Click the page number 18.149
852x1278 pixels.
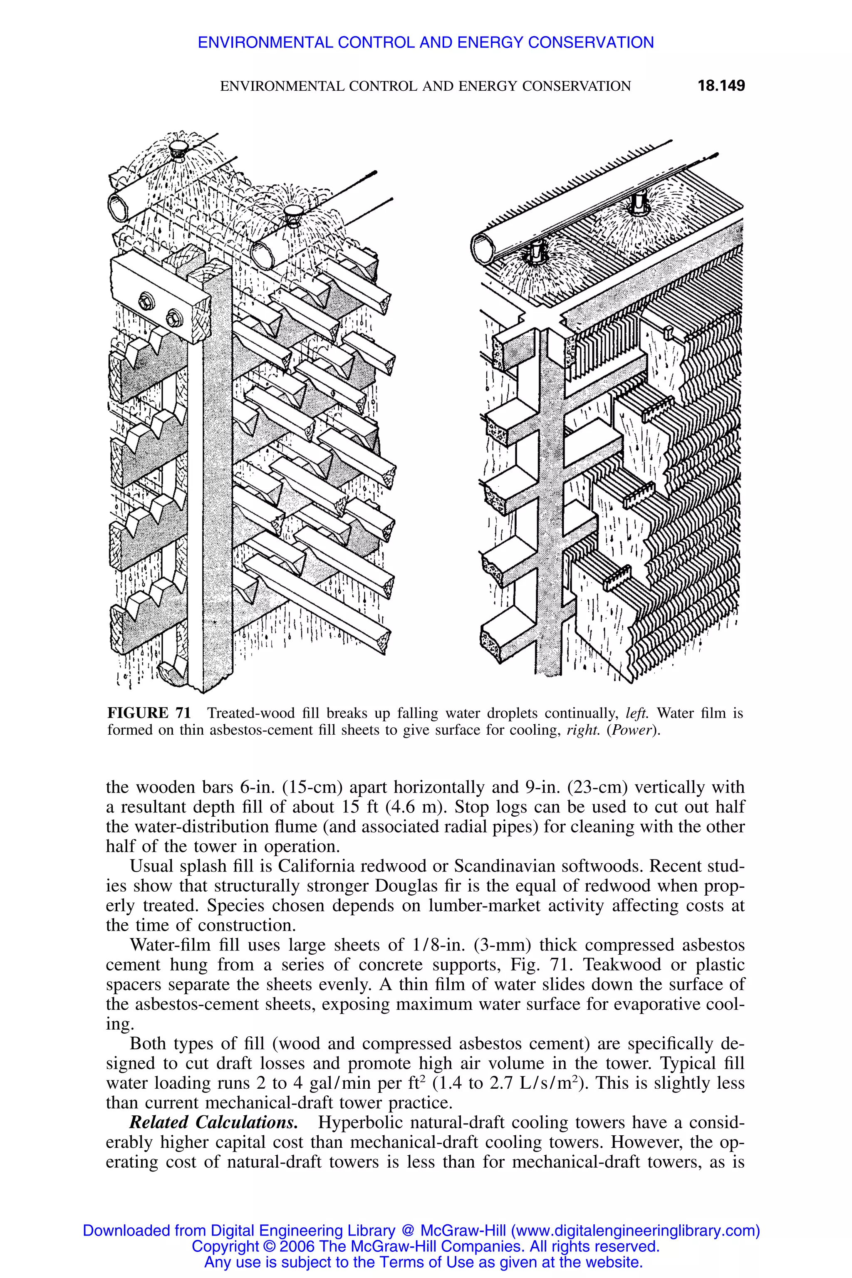(x=721, y=86)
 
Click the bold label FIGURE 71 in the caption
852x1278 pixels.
(x=149, y=713)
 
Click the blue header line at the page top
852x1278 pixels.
(x=426, y=42)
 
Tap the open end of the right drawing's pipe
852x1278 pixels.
(x=483, y=249)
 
